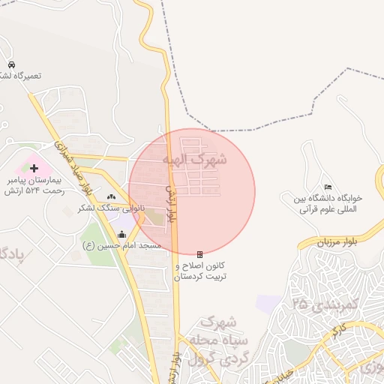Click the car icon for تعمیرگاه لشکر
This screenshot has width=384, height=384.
(x=12, y=64)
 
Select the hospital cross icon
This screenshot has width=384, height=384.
(x=34, y=167)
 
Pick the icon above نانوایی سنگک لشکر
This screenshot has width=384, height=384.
(x=111, y=196)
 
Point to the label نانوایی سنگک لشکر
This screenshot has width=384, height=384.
(x=106, y=207)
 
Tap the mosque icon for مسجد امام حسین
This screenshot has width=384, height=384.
(x=122, y=234)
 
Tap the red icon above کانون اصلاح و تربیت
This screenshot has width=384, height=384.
(x=199, y=254)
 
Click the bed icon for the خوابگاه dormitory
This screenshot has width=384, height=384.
(x=327, y=187)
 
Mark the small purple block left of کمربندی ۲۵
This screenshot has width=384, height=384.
(x=267, y=303)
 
